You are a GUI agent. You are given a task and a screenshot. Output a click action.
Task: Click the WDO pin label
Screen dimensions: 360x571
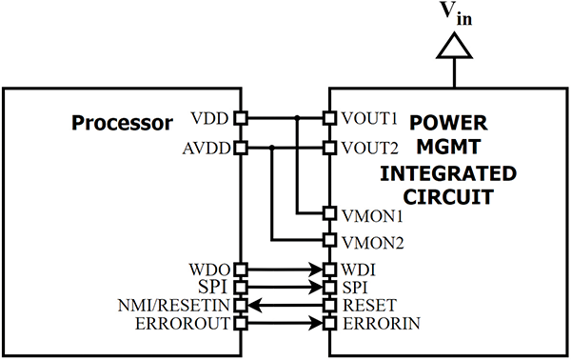click(208, 270)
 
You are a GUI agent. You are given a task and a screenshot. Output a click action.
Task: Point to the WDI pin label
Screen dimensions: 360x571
click(353, 270)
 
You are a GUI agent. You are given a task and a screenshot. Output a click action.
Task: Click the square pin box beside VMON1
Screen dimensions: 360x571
click(329, 213)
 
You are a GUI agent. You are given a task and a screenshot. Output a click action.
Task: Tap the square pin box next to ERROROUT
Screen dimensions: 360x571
click(241, 323)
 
